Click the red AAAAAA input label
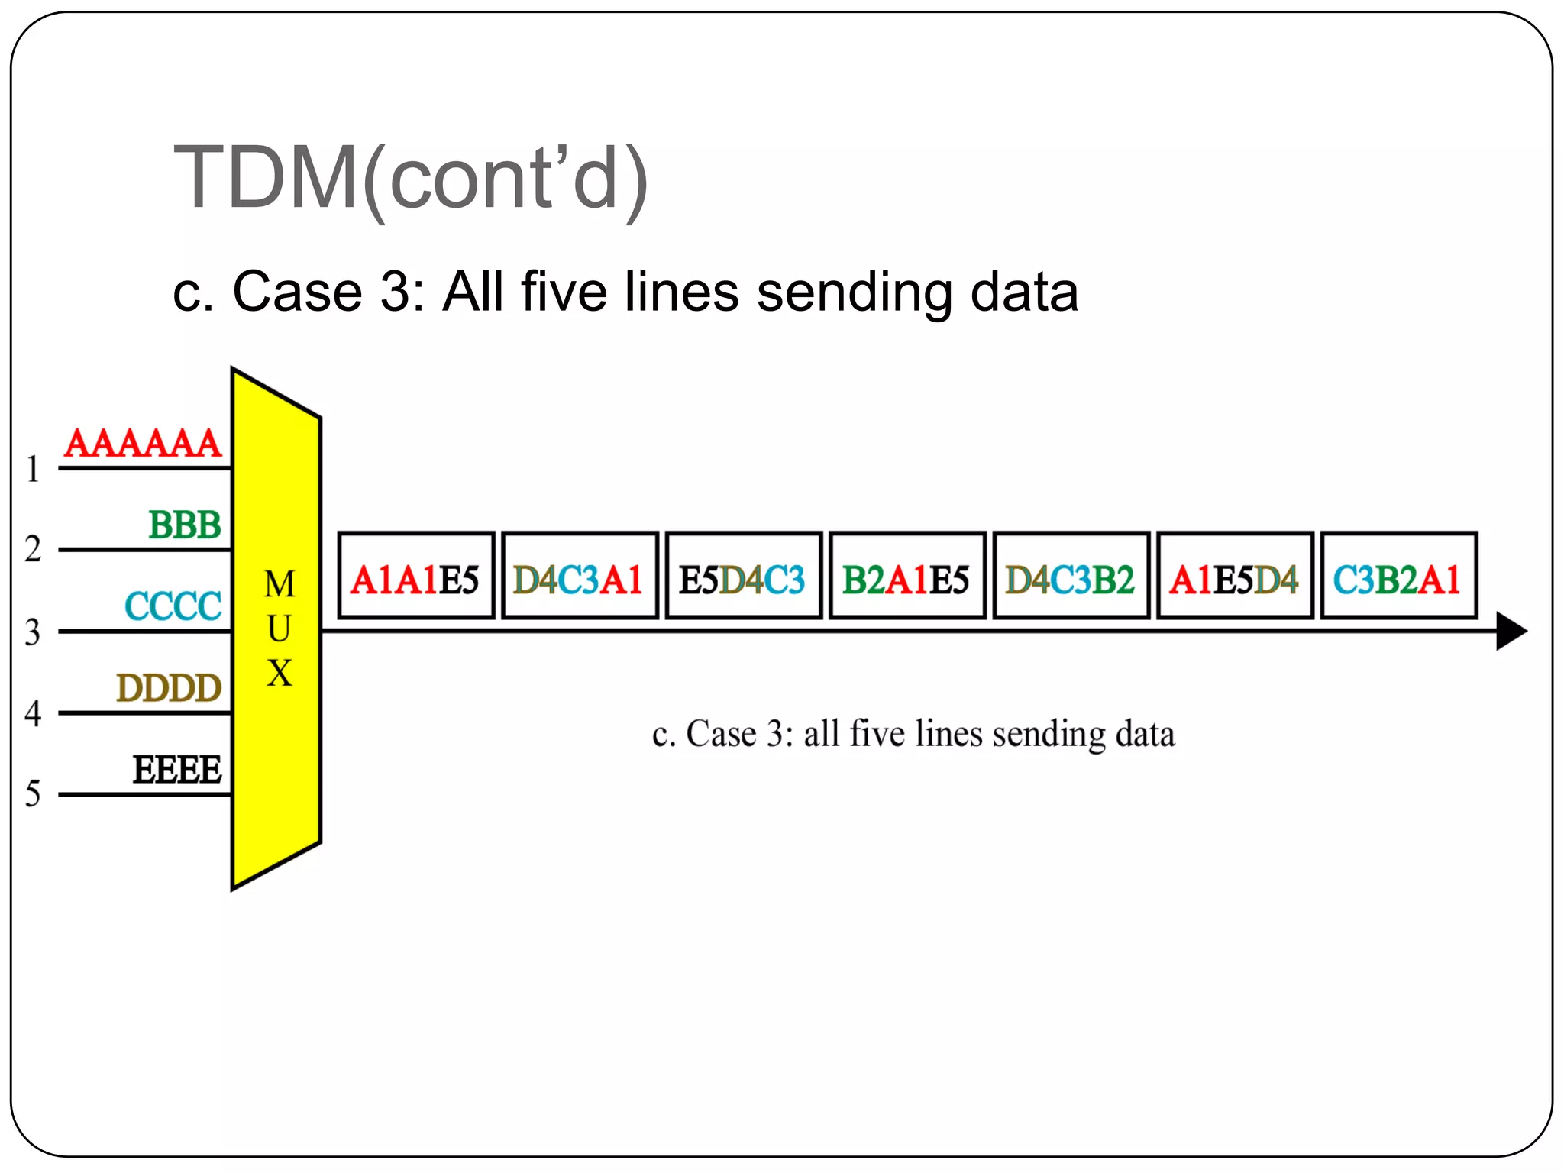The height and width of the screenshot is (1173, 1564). [x=143, y=443]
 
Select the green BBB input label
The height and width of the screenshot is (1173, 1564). [x=185, y=525]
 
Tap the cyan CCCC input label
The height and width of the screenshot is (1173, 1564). [x=173, y=606]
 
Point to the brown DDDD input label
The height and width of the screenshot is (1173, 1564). [x=169, y=688]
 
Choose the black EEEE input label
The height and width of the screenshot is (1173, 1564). [x=177, y=769]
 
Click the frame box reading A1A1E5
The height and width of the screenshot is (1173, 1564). [x=416, y=576]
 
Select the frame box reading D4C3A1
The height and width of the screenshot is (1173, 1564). [x=580, y=576]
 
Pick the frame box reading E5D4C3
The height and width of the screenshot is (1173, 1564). [x=744, y=576]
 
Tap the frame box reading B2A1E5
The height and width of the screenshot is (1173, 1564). [x=907, y=576]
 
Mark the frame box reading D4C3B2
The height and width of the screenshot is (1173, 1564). [x=1071, y=576]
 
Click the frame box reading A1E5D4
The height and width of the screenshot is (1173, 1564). [x=1235, y=576]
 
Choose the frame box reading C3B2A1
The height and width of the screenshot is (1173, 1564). [x=1398, y=576]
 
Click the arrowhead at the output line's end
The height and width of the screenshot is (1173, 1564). [x=1511, y=631]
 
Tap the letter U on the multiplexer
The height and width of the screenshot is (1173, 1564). [x=279, y=629]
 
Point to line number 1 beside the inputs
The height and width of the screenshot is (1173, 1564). [x=32, y=469]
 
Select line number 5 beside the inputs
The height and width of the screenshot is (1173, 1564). [x=32, y=793]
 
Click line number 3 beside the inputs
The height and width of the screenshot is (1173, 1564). [x=32, y=632]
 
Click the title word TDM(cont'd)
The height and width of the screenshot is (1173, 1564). [x=411, y=179]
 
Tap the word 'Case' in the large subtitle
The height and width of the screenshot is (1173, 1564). [x=297, y=292]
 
